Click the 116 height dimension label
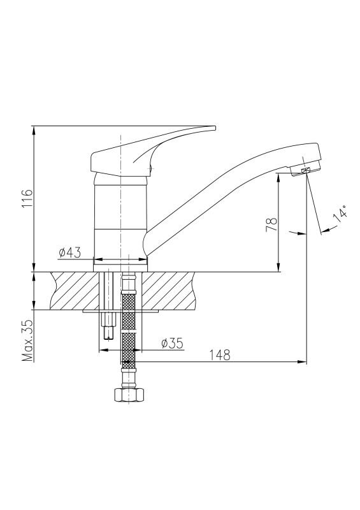tap(28, 198)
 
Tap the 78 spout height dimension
tap(272, 224)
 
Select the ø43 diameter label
tap(69, 252)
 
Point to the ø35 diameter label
tap(173, 343)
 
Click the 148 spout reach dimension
tap(219, 355)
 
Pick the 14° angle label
tap(340, 214)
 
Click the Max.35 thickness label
tap(28, 340)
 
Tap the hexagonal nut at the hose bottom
tap(129, 394)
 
